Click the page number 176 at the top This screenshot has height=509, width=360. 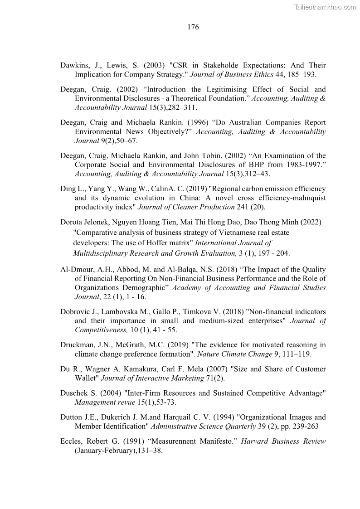coord(193,27)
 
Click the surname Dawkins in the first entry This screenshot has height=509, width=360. coord(74,65)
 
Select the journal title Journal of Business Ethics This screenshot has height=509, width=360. coord(231,74)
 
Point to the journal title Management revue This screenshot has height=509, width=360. coord(104,402)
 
